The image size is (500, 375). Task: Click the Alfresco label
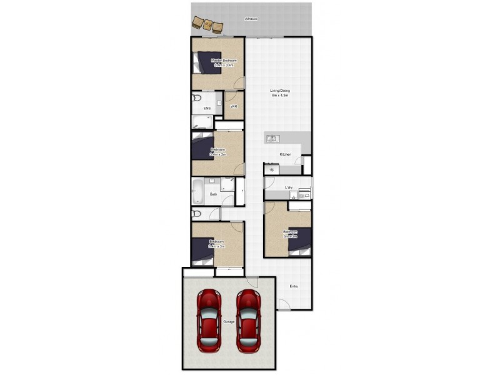tap(251, 20)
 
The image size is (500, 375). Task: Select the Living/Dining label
tap(280, 91)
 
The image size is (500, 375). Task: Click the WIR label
tap(234, 107)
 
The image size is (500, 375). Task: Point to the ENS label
tap(207, 109)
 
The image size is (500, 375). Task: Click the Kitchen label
tap(285, 154)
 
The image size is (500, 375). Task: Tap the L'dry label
tap(289, 187)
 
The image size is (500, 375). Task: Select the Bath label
tap(213, 194)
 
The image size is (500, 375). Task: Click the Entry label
tap(293, 286)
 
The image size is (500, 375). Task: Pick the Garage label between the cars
tap(229, 321)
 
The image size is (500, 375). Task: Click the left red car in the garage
tap(209, 321)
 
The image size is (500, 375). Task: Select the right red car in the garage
tap(248, 321)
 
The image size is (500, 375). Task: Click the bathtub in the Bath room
tap(197, 191)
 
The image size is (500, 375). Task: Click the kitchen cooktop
tap(271, 168)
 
